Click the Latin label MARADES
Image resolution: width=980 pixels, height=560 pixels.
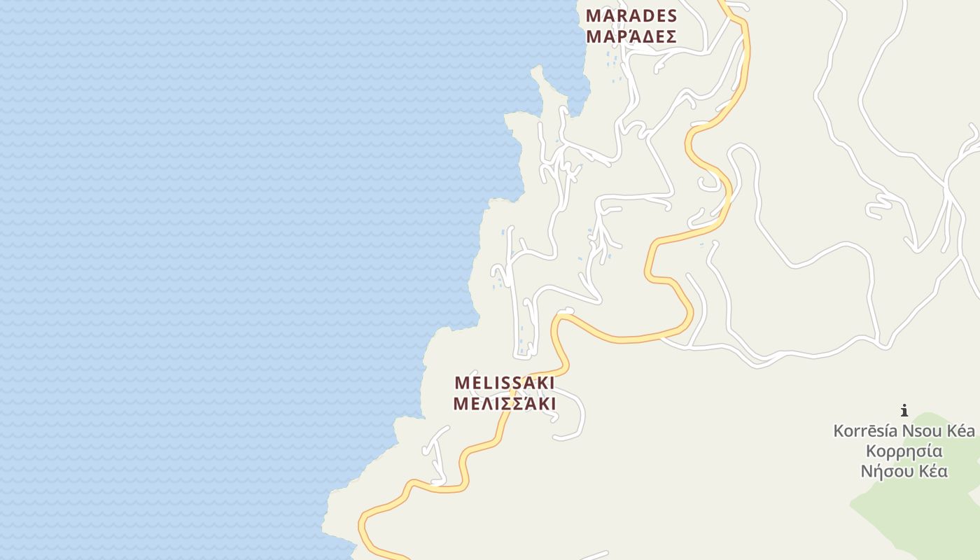pos(631,15)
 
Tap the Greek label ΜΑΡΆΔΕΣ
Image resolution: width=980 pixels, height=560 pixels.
pos(631,36)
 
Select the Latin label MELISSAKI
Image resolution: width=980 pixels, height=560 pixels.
pos(505,383)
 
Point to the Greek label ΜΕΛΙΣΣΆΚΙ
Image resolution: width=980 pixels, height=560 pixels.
pos(505,404)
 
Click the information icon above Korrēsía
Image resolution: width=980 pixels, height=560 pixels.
pos(904,410)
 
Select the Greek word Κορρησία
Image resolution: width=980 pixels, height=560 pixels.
pos(904,451)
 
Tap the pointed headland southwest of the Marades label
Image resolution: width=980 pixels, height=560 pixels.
pos(537,71)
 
